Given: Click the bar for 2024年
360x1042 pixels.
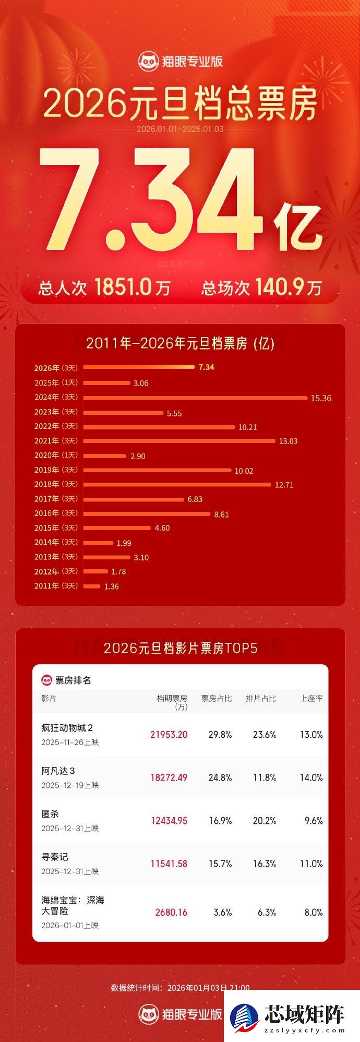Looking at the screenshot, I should [x=195, y=398].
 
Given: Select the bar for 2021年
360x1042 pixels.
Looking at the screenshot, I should [x=179, y=441].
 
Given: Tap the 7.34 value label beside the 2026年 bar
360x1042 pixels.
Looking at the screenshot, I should [x=206, y=367].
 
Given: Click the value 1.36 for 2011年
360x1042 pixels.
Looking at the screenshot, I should [x=112, y=586].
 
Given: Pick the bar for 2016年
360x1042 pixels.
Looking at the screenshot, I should [x=147, y=514].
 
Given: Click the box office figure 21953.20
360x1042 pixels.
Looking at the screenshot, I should [x=169, y=735].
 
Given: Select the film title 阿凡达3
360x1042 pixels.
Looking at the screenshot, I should [x=58, y=771].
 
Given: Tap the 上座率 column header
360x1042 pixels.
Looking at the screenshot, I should [x=311, y=698].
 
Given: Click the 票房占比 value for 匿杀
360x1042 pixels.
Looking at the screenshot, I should [x=220, y=821].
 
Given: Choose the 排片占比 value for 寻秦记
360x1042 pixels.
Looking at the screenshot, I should [x=265, y=864].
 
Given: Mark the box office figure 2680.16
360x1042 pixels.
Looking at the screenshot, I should [x=171, y=912].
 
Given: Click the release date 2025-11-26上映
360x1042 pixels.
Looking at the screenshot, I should [x=70, y=742].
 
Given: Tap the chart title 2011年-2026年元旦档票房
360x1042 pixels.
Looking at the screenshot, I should [x=180, y=343].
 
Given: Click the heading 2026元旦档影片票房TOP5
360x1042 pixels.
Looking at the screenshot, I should [x=180, y=648].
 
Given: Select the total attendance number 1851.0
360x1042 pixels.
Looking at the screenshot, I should [x=123, y=287].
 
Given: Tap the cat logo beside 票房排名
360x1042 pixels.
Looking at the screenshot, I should [x=46, y=680].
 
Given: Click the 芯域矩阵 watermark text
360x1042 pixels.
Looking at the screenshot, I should [x=304, y=1014].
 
